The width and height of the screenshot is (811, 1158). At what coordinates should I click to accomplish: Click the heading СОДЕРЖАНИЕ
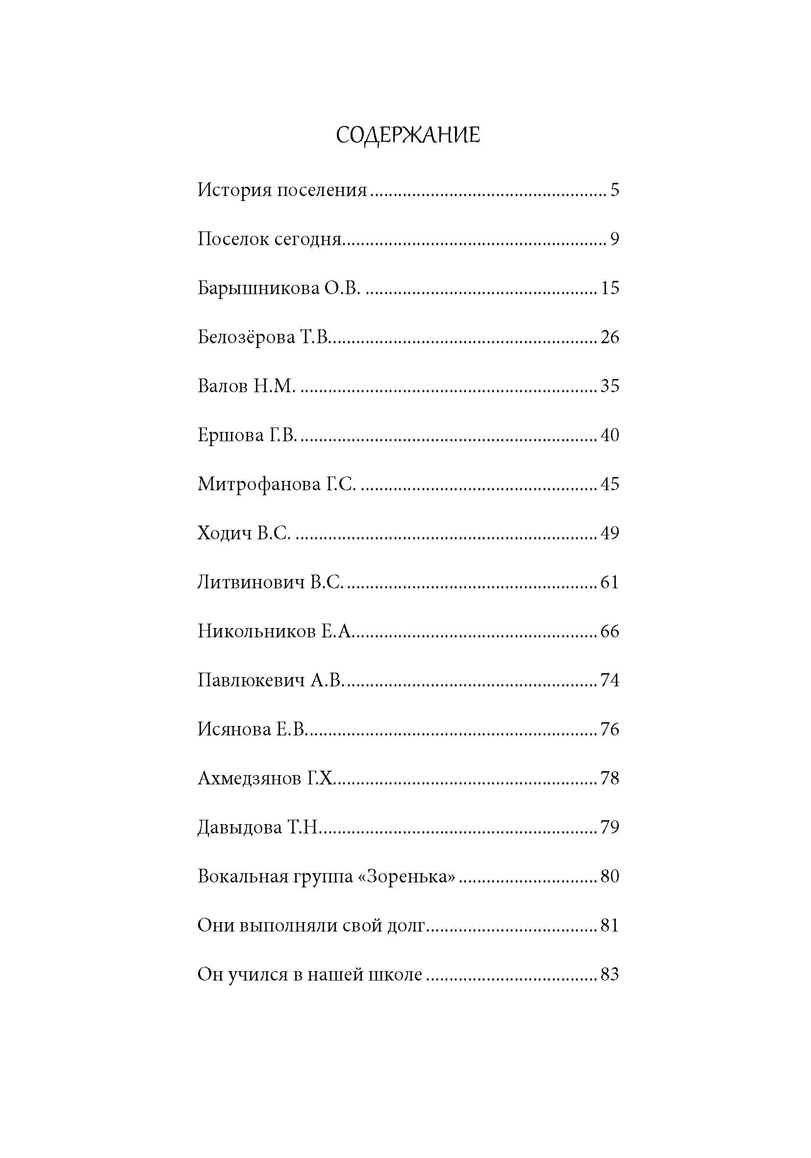point(407,136)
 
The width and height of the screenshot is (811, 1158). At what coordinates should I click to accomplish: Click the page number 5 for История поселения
point(614,190)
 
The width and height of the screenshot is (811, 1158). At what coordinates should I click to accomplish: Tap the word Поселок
point(231,239)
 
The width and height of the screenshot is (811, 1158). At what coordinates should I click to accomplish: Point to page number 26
point(609,337)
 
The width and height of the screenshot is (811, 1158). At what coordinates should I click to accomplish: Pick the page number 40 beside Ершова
point(609,435)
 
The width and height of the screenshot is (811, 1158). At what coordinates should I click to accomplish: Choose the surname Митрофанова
point(259,484)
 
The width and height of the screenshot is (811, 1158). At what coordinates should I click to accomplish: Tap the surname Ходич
point(224,533)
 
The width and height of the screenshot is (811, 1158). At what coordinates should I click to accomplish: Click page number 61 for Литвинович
point(609,582)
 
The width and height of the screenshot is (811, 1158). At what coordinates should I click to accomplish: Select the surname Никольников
point(256,631)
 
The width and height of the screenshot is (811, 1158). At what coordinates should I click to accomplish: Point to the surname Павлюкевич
point(251,680)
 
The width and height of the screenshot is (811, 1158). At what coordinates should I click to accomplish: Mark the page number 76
point(609,730)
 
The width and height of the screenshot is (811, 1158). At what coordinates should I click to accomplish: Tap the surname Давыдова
point(239,828)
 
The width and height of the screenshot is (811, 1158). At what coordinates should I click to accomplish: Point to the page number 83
point(609,975)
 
